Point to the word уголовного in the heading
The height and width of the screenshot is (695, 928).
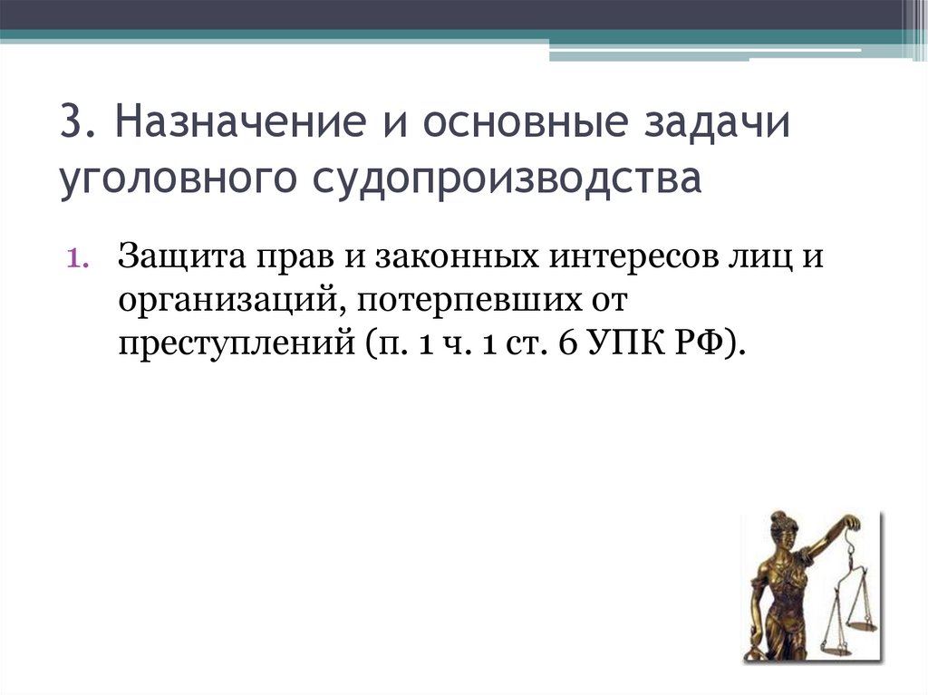pos(178,178)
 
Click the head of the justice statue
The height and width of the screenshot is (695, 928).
pos(778,528)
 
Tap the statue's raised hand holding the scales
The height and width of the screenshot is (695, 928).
pos(851,523)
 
